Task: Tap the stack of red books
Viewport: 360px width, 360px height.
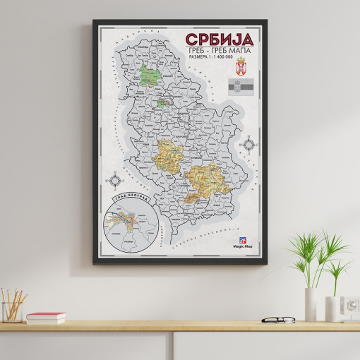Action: [46, 318]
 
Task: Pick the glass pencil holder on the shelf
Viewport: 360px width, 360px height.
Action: [12, 311]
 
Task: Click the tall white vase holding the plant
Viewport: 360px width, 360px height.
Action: [311, 304]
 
